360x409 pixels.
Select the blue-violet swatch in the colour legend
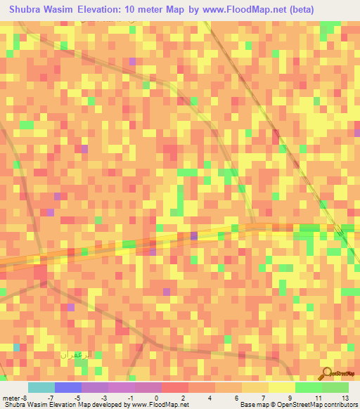68,387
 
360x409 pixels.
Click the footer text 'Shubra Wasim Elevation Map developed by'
63,404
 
